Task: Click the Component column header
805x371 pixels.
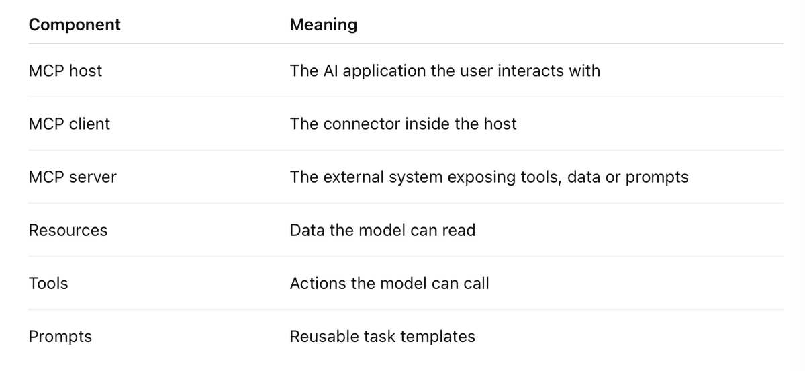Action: [x=75, y=25]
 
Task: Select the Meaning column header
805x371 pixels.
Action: [x=324, y=25]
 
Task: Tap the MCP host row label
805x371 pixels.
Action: [x=65, y=71]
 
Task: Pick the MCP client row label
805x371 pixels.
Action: [x=69, y=124]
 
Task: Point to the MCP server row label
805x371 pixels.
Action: [x=73, y=177]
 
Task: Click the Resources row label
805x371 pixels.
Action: [x=68, y=231]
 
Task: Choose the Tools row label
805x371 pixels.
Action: [x=48, y=284]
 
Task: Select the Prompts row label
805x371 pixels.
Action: [x=60, y=337]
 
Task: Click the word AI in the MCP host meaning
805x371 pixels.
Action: [x=330, y=71]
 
